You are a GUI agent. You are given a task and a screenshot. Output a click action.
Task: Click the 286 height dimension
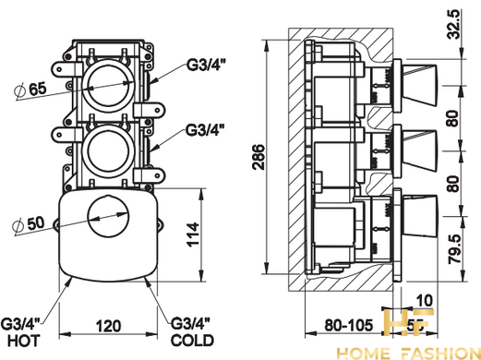[x=258, y=157]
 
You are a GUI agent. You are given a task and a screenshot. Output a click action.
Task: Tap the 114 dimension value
[x=194, y=234]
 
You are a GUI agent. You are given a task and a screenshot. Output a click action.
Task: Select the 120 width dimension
[x=108, y=326]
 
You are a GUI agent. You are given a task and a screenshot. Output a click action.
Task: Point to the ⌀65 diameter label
[x=30, y=90]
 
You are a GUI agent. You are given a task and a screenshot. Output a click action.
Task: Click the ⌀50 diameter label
[x=29, y=224]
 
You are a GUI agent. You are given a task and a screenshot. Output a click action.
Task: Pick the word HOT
[x=24, y=341]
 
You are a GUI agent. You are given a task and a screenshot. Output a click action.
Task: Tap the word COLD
[x=192, y=341]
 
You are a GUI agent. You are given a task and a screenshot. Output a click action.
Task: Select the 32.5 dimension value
[x=454, y=24]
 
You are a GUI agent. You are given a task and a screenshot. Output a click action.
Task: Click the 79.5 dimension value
[x=454, y=249]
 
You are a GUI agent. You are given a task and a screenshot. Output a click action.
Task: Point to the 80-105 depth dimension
[x=348, y=325]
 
